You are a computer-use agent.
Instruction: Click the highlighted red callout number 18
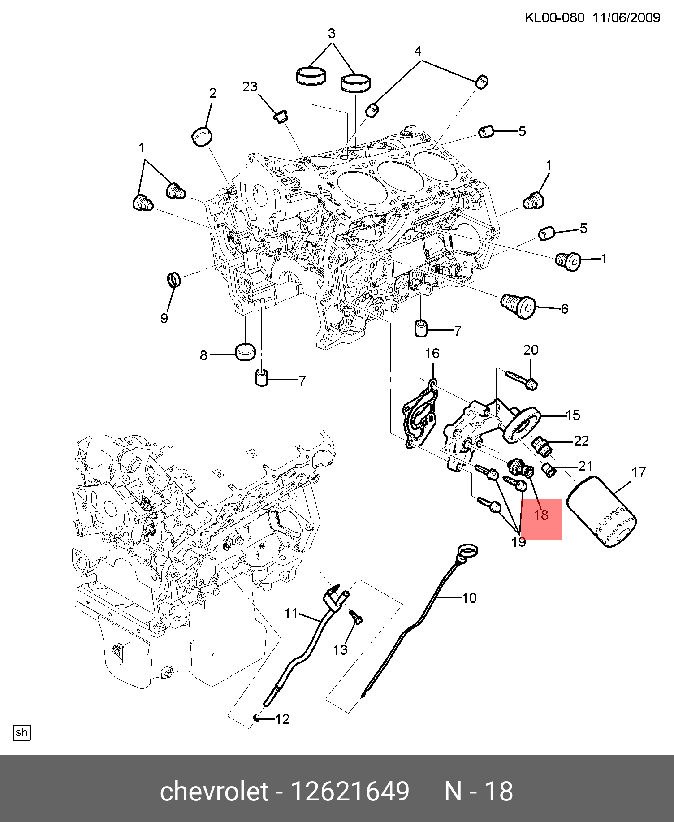541,515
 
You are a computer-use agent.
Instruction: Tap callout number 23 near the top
250,87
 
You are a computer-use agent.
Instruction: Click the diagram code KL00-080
554,18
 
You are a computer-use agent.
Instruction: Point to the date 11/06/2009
626,18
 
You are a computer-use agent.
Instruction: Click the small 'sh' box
22,732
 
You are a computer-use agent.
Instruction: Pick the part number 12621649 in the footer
350,791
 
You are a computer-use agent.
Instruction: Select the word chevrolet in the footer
214,791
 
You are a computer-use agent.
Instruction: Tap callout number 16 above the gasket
432,354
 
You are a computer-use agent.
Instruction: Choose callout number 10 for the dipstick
469,598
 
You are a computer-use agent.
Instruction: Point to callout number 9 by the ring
164,318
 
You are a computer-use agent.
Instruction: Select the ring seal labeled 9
174,280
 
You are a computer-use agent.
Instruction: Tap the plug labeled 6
518,306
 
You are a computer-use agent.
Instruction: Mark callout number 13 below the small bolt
340,650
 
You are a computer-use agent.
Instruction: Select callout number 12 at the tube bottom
282,719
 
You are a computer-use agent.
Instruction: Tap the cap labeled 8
245,351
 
